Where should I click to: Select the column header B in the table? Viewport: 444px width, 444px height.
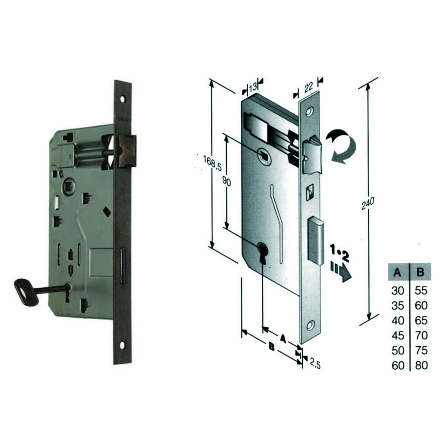(x=420, y=273)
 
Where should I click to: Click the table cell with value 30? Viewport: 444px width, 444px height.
(x=398, y=291)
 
